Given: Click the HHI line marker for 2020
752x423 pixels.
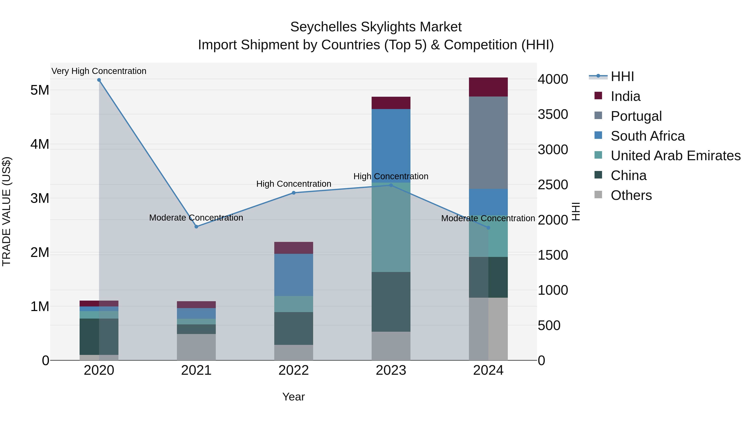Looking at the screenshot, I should click(x=99, y=80).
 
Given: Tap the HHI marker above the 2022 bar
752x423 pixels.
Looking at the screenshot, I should click(x=294, y=193).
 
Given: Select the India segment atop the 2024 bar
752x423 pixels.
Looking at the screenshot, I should click(x=488, y=87).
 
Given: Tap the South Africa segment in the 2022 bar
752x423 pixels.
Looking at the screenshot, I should click(x=293, y=275).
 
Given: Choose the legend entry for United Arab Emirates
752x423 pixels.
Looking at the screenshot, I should click(x=676, y=156).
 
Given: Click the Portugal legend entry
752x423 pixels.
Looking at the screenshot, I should click(x=636, y=116).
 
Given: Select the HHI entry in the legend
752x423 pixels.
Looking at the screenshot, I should click(x=622, y=76).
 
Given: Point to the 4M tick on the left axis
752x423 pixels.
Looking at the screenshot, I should click(x=40, y=144).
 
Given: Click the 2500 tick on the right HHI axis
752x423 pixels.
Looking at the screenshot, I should click(x=553, y=185).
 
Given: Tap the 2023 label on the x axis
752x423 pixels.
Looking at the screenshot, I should click(x=391, y=370).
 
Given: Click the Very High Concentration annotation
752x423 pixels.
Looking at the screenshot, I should click(x=99, y=71).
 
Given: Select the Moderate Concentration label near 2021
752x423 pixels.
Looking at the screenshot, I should click(x=196, y=218).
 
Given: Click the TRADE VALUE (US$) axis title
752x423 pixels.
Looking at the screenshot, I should click(x=7, y=211).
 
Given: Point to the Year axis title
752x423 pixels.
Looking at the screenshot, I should click(x=293, y=397).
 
